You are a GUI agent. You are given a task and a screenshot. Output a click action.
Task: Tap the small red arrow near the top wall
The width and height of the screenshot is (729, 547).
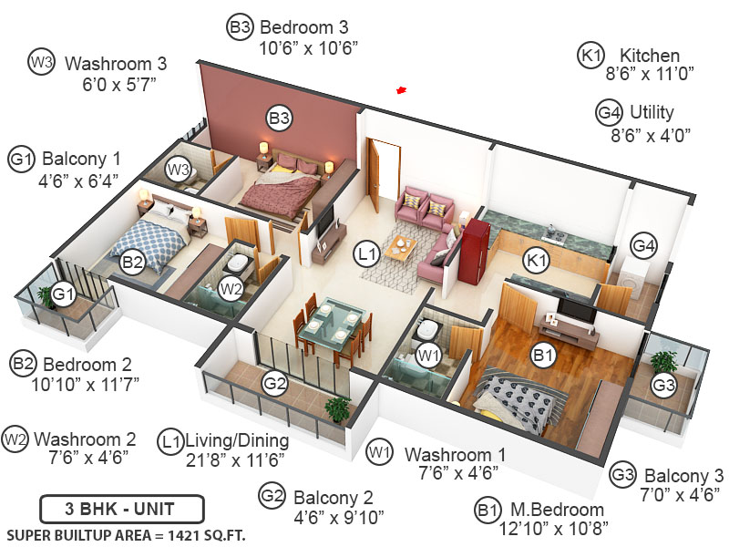pyautogui.click(x=400, y=89)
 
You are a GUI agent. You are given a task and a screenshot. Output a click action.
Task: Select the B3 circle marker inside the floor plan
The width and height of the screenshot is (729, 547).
pyautogui.click(x=279, y=118)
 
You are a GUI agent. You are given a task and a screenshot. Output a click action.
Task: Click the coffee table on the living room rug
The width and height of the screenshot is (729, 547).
pyautogui.click(x=402, y=246)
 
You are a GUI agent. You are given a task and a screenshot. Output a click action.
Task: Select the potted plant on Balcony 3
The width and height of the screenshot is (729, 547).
pyautogui.click(x=664, y=363)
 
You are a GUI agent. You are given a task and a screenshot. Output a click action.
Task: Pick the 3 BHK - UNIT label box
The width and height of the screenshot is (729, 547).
pyautogui.click(x=121, y=508)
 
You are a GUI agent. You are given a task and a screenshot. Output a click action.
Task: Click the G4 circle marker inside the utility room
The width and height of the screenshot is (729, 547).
pyautogui.click(x=644, y=246)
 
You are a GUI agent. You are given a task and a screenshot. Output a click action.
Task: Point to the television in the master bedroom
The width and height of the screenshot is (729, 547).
pyautogui.click(x=577, y=312)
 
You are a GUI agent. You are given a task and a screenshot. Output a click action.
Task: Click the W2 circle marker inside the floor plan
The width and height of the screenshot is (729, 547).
pyautogui.click(x=231, y=290)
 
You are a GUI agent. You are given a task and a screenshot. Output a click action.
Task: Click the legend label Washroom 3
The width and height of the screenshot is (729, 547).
pyautogui.click(x=116, y=65)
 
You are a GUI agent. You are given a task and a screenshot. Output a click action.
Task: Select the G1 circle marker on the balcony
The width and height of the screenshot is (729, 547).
pyautogui.click(x=63, y=294)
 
